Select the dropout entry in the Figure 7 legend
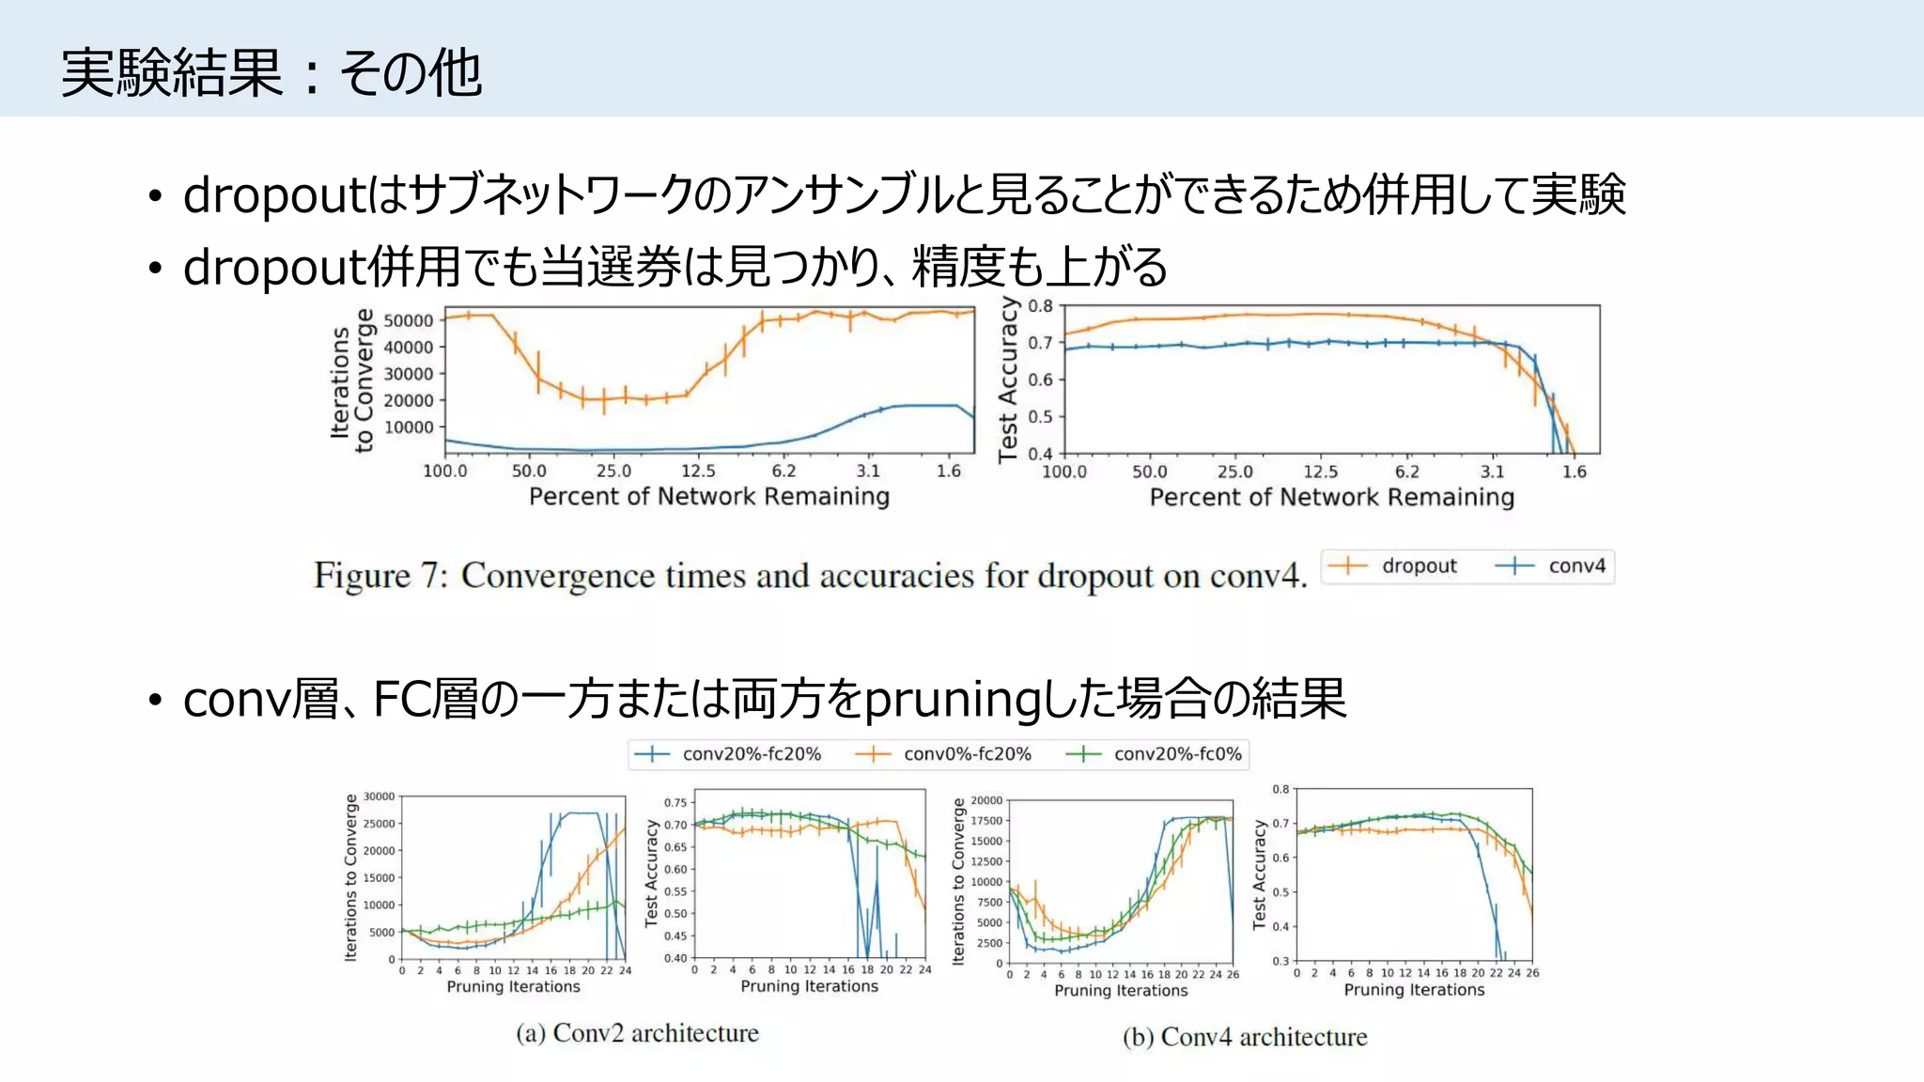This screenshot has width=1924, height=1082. coord(1419,566)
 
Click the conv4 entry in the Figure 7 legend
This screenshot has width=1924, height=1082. coord(1576,566)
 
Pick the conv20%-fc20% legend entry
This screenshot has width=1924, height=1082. coord(752,754)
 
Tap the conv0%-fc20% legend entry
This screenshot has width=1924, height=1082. coord(967,754)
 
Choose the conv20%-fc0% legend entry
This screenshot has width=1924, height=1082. coord(1177,754)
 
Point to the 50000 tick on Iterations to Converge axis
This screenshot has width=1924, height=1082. coord(409,320)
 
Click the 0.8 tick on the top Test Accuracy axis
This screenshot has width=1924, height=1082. coord(1041,306)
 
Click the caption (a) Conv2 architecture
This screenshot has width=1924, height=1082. coord(637,1033)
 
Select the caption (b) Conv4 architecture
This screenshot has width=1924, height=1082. coord(1245,1037)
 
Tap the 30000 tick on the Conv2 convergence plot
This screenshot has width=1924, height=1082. coord(380,796)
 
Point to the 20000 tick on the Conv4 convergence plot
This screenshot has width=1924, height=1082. coord(986,800)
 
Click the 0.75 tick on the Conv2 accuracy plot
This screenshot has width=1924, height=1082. coord(675,803)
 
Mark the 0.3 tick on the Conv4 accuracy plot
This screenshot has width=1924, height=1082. coord(1280,961)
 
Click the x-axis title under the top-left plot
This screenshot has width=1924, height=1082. coord(708,497)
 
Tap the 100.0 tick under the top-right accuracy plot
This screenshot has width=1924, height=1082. coord(1063,471)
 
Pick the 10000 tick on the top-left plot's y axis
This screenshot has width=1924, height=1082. coord(409,427)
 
